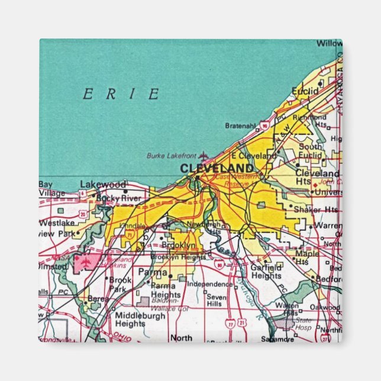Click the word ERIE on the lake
pyautogui.click(x=121, y=94)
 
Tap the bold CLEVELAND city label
pyautogui.click(x=217, y=168)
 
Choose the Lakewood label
pyautogui.click(x=103, y=184)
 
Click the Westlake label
pyautogui.click(x=57, y=223)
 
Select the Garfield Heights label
pyautogui.click(x=266, y=272)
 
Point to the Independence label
pyautogui.click(x=210, y=284)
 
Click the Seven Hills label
pyautogui.click(x=217, y=300)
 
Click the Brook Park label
pyautogui.click(x=120, y=284)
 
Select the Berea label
pyautogui.click(x=98, y=299)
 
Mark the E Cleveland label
pyautogui.click(x=254, y=155)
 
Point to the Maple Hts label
pyautogui.click(x=306, y=257)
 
